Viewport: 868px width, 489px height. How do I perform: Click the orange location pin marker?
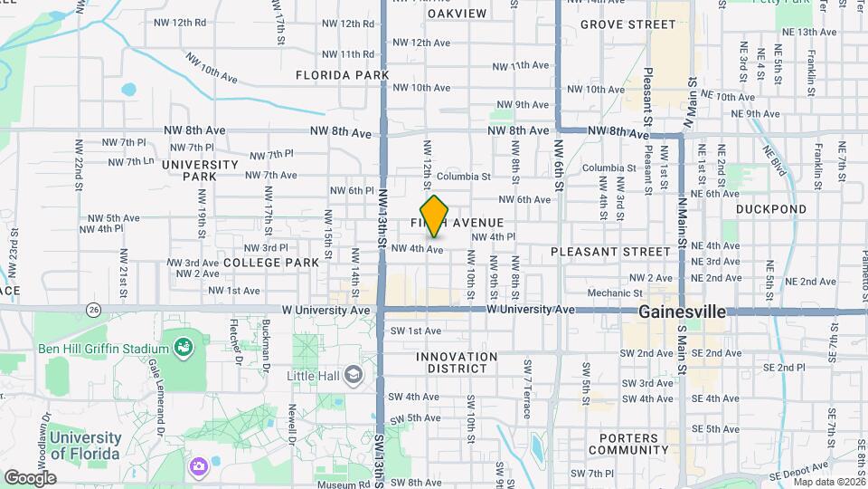coord(435,216)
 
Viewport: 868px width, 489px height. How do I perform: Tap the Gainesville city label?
coord(682,312)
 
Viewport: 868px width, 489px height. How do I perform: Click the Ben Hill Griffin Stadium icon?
coord(184,347)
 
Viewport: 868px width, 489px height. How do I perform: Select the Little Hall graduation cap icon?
coord(353,375)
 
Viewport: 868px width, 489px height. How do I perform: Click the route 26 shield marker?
coord(94,310)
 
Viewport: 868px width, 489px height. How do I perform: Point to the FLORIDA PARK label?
coord(342,75)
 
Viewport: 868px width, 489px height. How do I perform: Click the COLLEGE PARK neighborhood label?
coord(271,263)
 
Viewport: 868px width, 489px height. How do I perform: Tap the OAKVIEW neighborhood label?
coord(457,14)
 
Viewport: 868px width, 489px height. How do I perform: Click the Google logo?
coord(30,477)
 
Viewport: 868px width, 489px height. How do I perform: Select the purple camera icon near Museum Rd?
coord(198,466)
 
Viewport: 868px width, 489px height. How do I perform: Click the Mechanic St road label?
coord(614,293)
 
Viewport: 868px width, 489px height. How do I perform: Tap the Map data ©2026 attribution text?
coord(826,482)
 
